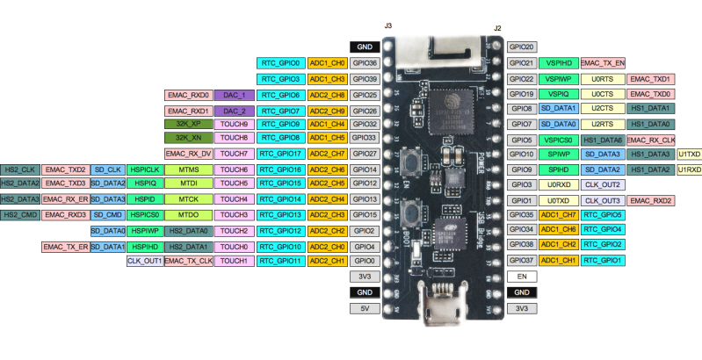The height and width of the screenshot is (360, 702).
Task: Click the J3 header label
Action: coord(387,26)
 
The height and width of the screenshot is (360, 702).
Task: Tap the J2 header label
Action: coord(497,27)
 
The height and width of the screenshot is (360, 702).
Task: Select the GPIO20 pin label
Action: coord(522,47)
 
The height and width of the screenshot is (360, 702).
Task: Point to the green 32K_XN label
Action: coord(188,138)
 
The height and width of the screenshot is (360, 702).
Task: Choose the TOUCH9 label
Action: coord(234,124)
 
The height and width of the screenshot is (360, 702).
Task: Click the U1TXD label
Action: coord(688,154)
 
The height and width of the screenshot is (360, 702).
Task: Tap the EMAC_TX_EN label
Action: coord(603,63)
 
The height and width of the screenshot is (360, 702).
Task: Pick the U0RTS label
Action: coord(603,78)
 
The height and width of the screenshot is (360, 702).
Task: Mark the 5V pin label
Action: coord(365,308)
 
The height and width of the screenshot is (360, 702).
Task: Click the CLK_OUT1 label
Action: coord(144,261)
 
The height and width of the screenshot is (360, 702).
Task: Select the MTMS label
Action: coord(188,169)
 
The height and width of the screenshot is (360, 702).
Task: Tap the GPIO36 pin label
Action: coord(365,63)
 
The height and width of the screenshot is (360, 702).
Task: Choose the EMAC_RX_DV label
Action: coord(188,154)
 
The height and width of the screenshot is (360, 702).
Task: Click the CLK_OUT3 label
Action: coord(603,200)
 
